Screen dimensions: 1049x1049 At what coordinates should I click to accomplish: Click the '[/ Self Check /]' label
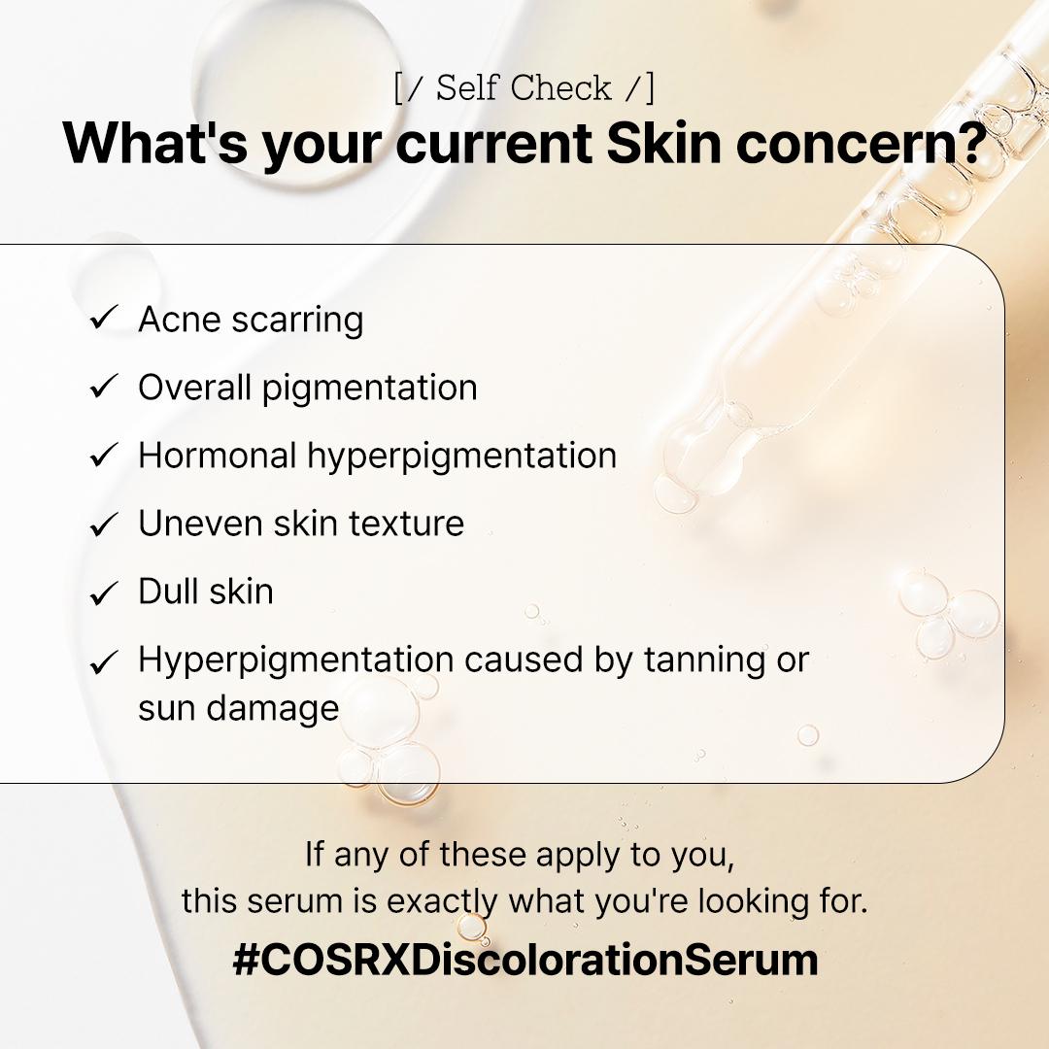[x=524, y=88]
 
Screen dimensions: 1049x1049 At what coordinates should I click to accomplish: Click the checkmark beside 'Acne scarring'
[x=103, y=320]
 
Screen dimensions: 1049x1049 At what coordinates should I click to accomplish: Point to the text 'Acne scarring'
[x=251, y=320]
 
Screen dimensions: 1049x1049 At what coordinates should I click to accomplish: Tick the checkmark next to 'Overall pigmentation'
[x=103, y=388]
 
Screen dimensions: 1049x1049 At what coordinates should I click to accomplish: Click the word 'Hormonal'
[x=217, y=456]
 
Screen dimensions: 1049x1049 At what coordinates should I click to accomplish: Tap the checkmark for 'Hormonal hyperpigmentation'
[x=103, y=456]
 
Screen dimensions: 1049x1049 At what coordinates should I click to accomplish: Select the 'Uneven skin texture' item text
[x=301, y=524]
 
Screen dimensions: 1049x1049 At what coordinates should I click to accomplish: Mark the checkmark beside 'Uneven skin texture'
[x=103, y=524]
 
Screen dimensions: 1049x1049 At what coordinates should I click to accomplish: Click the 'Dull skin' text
[x=206, y=592]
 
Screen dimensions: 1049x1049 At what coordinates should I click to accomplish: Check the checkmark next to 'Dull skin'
[x=103, y=592]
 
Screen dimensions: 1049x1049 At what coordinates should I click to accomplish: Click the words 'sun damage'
[x=238, y=708]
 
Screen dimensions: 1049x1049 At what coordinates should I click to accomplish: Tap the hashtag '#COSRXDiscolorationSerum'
[x=524, y=960]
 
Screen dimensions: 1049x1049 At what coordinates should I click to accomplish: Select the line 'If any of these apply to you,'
[x=524, y=855]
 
